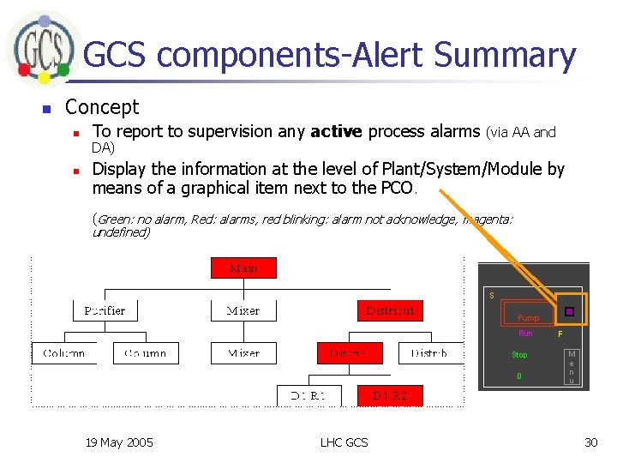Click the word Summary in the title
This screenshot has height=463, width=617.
pyautogui.click(x=505, y=55)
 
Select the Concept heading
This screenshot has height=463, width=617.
pyautogui.click(x=102, y=107)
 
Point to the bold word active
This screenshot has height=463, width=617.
pyautogui.click(x=338, y=131)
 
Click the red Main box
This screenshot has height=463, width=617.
pyautogui.click(x=244, y=268)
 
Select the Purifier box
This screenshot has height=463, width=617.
pyautogui.click(x=105, y=310)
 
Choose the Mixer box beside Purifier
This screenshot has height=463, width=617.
pyautogui.click(x=243, y=310)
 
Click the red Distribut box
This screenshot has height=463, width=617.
pyautogui.click(x=390, y=310)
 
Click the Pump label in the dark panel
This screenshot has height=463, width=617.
pyautogui.click(x=529, y=317)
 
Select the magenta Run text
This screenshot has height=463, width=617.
pyautogui.click(x=525, y=334)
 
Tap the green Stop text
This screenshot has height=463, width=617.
pyautogui.click(x=520, y=355)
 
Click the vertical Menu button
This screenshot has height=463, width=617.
pyautogui.click(x=572, y=367)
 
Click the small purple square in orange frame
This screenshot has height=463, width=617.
pyautogui.click(x=569, y=312)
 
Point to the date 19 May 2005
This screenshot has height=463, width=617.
pyautogui.click(x=119, y=442)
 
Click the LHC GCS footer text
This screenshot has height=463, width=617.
pyautogui.click(x=344, y=442)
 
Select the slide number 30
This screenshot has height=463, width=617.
pyautogui.click(x=590, y=442)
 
